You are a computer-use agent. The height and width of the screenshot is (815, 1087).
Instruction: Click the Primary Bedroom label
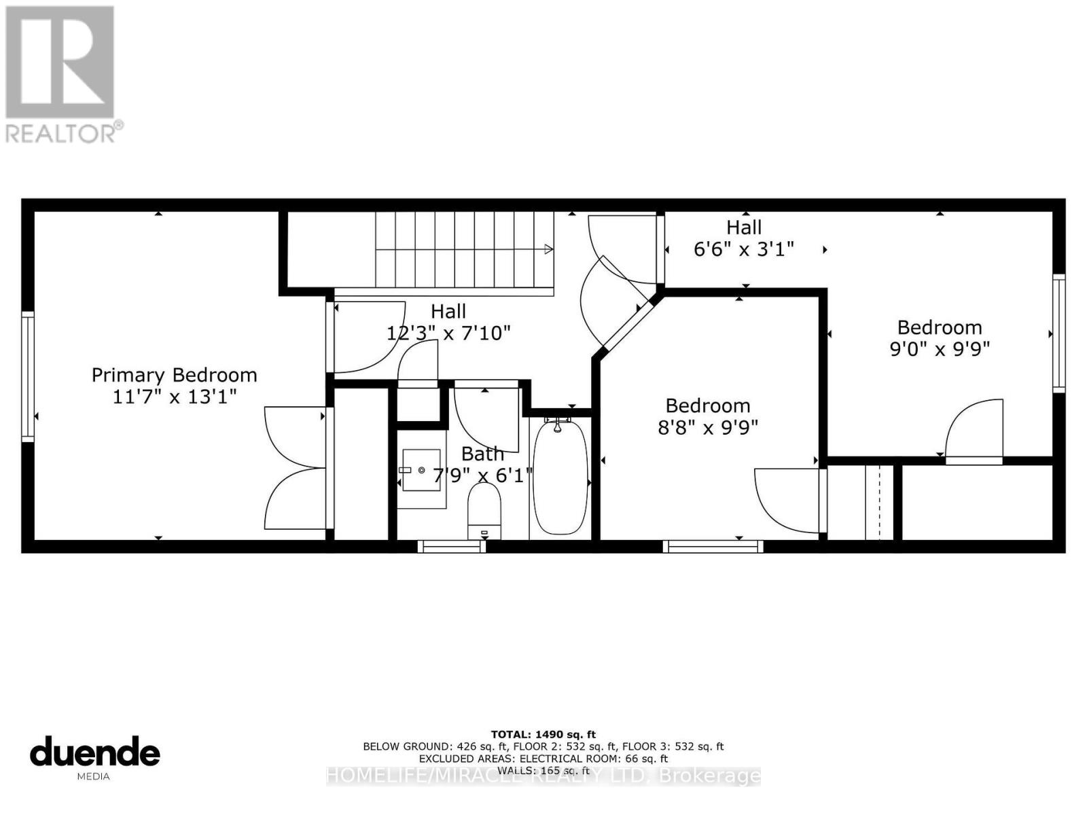pyautogui.click(x=174, y=375)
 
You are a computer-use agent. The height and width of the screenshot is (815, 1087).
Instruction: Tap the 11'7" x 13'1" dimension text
pyautogui.click(x=174, y=396)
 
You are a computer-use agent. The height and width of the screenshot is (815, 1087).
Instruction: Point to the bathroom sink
pyautogui.click(x=421, y=469)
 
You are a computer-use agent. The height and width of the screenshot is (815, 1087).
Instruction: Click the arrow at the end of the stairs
pyautogui.click(x=548, y=250)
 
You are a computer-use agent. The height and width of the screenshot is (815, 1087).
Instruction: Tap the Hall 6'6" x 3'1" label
pyautogui.click(x=743, y=238)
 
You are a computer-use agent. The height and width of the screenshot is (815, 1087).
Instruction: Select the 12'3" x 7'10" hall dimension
pyautogui.click(x=448, y=333)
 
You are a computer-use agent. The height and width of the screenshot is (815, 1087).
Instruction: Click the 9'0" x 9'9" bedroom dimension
pyautogui.click(x=940, y=348)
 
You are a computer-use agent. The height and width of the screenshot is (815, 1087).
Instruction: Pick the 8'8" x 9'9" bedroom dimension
pyautogui.click(x=708, y=427)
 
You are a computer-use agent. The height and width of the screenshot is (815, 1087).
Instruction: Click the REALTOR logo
pyautogui.click(x=61, y=75)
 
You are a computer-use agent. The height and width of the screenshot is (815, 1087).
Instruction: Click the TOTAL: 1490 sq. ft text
pyautogui.click(x=543, y=734)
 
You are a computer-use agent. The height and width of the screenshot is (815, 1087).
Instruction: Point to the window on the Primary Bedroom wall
pyautogui.click(x=28, y=376)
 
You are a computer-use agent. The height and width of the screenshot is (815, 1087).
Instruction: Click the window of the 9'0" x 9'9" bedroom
pyautogui.click(x=1058, y=333)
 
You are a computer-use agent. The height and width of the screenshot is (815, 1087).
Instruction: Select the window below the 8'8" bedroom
pyautogui.click(x=713, y=546)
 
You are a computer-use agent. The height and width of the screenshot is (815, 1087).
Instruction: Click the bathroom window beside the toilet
pyautogui.click(x=451, y=546)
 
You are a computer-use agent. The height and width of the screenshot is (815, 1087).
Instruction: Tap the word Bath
pyautogui.click(x=482, y=454)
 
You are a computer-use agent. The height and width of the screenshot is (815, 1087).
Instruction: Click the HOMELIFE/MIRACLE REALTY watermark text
pyautogui.click(x=543, y=776)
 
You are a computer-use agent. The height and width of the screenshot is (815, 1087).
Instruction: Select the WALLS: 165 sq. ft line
pyautogui.click(x=543, y=770)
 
